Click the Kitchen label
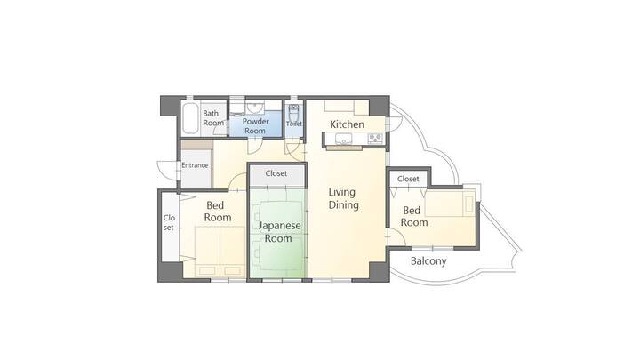[347, 124]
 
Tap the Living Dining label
[344, 198]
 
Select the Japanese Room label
[280, 232]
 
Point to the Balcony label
[428, 261]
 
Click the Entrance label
[195, 165]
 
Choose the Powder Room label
[255, 126]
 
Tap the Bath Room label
[213, 118]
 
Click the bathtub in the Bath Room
[190, 118]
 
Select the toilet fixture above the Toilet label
[293, 112]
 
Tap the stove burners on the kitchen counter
[375, 139]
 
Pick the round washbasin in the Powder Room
[254, 108]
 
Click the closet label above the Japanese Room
[276, 173]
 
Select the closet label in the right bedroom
[408, 179]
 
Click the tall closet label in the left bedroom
[169, 222]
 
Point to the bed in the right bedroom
[450, 204]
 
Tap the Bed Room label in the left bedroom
[218, 212]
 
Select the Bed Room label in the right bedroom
[414, 216]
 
